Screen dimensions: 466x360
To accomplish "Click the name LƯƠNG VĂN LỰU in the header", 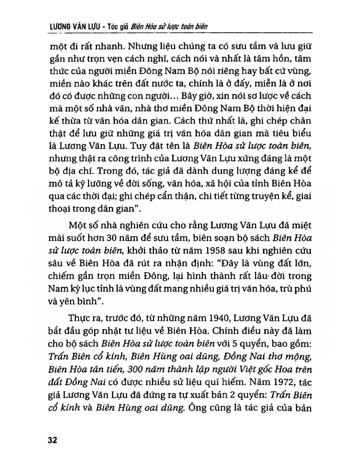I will (x=71, y=26).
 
